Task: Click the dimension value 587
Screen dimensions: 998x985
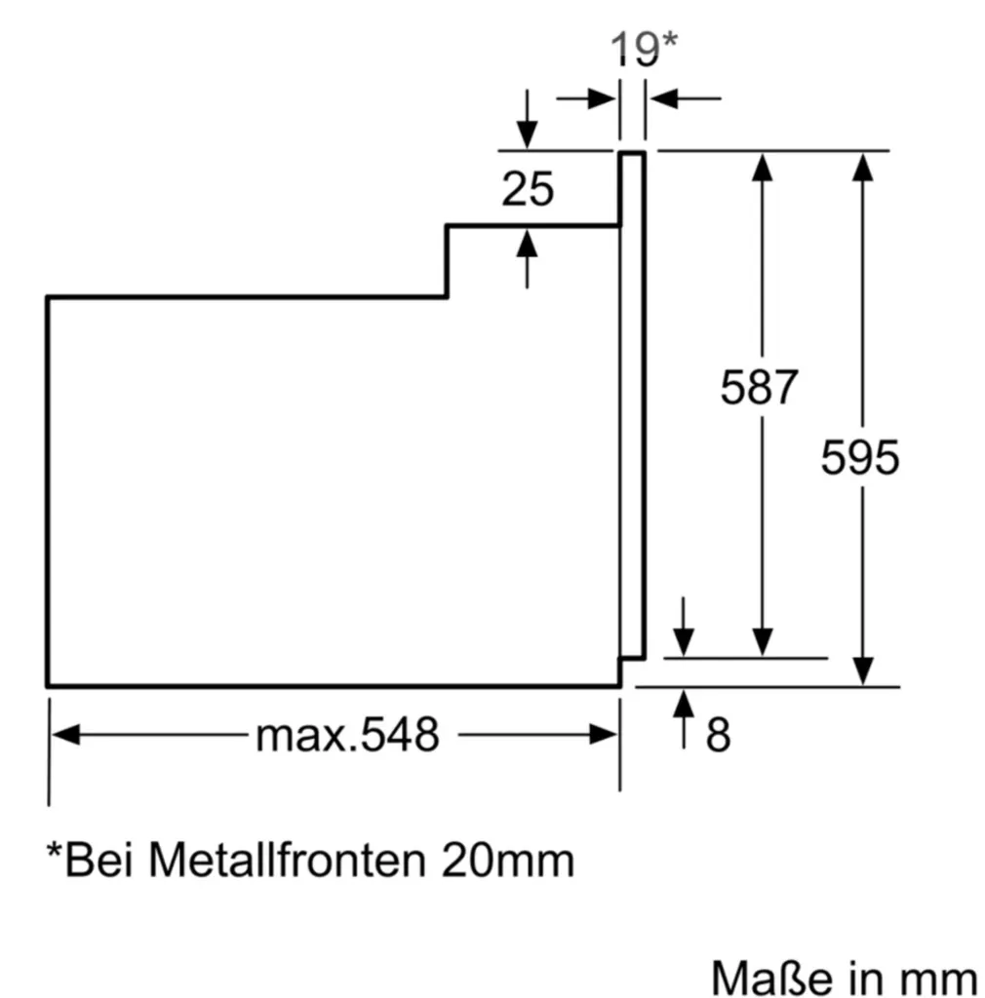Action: coord(759,388)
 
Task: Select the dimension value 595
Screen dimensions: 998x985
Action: coord(859,457)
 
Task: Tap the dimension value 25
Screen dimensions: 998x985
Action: coord(528,189)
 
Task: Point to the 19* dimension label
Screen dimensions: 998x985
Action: coord(643,50)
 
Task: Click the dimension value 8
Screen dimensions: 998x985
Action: coord(718,736)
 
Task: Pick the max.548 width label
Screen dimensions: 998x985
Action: coord(346,735)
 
